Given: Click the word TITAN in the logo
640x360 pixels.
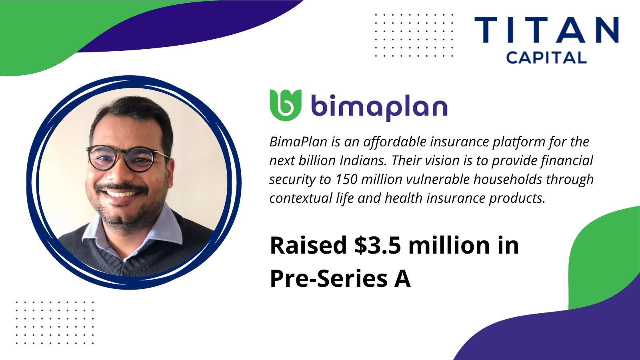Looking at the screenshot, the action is (546, 30).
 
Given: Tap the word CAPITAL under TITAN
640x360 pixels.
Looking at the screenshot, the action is (546, 58).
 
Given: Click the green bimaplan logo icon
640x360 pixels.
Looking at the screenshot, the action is (286, 105).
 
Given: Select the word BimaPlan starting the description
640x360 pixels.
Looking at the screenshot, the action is (298, 142).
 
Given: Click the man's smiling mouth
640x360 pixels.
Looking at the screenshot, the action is (122, 194).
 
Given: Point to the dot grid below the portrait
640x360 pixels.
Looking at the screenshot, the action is (55, 322).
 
